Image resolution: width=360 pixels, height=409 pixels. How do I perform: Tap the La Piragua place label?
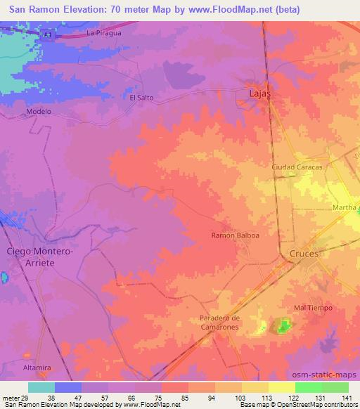coord(103,33)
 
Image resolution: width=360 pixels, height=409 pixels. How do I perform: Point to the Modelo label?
coord(39,111)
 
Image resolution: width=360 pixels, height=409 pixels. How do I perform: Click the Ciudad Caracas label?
coord(297,167)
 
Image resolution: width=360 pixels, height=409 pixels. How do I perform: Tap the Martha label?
coord(345,208)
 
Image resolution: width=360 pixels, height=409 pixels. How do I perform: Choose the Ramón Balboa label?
coord(236,236)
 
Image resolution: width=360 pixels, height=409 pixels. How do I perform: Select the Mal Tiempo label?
coord(313,308)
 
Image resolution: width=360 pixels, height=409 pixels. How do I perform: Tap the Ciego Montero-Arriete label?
coord(40,256)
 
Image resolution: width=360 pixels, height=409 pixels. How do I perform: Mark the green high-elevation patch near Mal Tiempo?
coord(283,325)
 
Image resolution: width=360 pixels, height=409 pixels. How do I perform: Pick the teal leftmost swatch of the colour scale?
coord(41,387)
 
